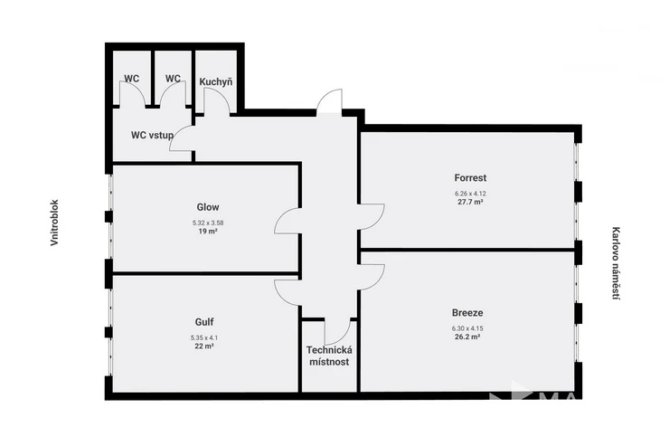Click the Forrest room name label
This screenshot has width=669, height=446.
[x=470, y=177]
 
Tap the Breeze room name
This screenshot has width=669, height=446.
[x=467, y=313]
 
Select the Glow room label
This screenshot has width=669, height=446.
[x=208, y=207]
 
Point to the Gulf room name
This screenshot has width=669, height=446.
[x=204, y=322]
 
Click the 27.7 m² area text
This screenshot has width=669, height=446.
[x=470, y=202]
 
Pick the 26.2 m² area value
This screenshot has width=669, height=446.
[x=467, y=337]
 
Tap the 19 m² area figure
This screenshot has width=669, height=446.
[x=208, y=232]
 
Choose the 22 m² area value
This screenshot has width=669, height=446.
[x=204, y=346]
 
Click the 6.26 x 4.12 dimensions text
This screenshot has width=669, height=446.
[x=470, y=194]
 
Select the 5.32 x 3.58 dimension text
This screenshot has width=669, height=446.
[x=208, y=223]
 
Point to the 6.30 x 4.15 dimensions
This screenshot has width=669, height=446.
[x=467, y=328]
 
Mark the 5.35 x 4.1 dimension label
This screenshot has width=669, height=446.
[x=204, y=337]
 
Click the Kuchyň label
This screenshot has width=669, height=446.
[x=216, y=81]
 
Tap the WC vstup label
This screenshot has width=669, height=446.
[x=152, y=136]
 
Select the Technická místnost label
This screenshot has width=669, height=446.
[x=329, y=356]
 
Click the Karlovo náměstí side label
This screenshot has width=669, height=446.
[x=616, y=263]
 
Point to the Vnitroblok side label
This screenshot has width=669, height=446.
[x=54, y=223]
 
